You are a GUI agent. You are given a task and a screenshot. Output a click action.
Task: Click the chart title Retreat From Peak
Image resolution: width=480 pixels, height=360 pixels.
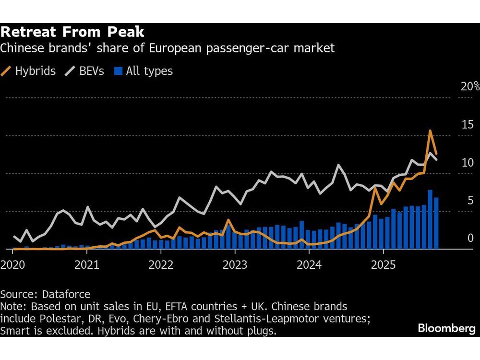72,32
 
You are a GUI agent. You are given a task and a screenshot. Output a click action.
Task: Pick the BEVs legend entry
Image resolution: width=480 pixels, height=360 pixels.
84,72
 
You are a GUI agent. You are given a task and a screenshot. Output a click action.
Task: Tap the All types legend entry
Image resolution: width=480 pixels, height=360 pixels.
144,72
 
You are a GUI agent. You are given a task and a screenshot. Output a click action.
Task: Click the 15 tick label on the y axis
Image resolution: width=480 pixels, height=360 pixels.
467,125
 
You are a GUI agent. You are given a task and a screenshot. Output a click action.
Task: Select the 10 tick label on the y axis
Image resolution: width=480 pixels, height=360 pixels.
467,163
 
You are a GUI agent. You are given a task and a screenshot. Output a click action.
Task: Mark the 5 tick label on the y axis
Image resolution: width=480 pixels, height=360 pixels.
470,201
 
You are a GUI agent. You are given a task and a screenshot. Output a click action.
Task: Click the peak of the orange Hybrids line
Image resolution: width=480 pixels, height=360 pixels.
430,131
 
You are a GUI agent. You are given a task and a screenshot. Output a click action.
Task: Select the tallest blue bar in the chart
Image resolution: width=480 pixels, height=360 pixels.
430,219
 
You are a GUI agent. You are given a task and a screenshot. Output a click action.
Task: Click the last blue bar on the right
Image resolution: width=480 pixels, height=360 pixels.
436,223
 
